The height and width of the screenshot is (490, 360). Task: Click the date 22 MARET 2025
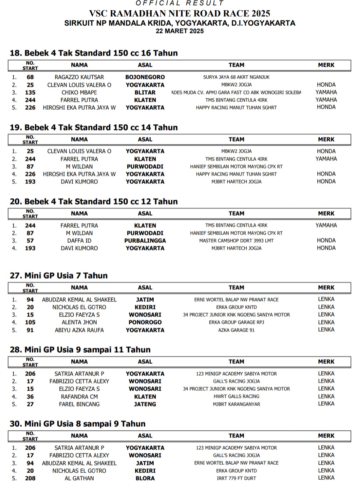[x=180, y=31]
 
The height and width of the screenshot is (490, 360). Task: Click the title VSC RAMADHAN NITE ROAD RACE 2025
[x=180, y=14]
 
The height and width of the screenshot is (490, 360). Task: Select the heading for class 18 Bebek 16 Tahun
[x=94, y=53]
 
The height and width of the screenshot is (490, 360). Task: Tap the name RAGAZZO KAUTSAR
[x=79, y=77]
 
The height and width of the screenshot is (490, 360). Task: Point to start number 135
[x=30, y=92]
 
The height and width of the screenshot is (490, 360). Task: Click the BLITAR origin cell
[x=145, y=92]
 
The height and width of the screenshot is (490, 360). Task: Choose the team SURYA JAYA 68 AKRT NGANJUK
[x=236, y=77]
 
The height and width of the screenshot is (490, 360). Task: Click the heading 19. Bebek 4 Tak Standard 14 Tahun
[x=94, y=127]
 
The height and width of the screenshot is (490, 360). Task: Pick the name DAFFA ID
[x=79, y=240]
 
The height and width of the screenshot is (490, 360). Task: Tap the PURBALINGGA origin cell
[x=145, y=240]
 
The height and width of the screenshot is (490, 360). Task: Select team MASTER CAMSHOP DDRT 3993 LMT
[x=236, y=240]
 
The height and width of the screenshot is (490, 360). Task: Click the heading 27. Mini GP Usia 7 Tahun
[x=59, y=276]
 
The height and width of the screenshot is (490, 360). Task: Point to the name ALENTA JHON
[x=79, y=322]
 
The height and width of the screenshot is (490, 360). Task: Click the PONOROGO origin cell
[x=145, y=322]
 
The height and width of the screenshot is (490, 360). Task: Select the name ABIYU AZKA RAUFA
[x=79, y=330]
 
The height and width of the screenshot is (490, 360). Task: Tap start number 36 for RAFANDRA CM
[x=30, y=397]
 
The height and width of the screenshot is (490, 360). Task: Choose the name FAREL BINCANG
[x=79, y=404]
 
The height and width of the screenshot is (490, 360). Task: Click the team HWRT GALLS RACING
[x=236, y=397]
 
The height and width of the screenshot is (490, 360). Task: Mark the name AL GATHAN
[x=79, y=478]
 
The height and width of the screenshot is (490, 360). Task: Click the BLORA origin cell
[x=145, y=478]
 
